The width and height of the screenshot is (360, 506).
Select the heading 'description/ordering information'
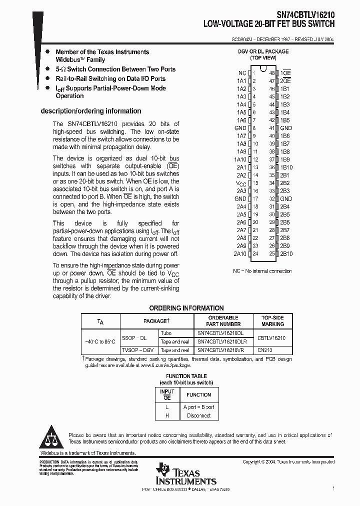pyautogui.click(x=90, y=111)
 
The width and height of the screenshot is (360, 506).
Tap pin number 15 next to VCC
pyautogui.click(x=255, y=183)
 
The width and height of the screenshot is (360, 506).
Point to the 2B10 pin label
pyautogui.click(x=286, y=254)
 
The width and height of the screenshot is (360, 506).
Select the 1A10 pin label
pyautogui.click(x=240, y=159)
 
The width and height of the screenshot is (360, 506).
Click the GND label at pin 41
pyautogui.click(x=286, y=128)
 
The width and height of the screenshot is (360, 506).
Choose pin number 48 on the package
pyautogui.click(x=272, y=73)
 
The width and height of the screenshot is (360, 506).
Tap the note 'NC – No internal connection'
pyautogui.click(x=262, y=271)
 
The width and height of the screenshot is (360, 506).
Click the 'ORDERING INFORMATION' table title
pyautogui.click(x=186, y=308)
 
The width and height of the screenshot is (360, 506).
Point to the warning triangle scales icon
pyautogui.click(x=50, y=438)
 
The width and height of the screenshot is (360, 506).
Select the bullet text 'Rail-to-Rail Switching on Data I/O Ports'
pyautogui.click(x=110, y=78)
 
